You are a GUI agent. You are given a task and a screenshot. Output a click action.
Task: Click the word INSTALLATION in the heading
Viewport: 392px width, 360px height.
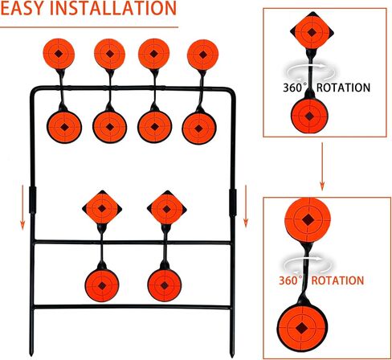click(x=113, y=8)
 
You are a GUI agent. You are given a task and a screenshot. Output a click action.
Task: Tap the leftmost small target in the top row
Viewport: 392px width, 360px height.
click(x=59, y=54)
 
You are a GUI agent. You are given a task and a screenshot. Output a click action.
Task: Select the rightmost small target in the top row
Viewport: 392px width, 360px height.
click(x=203, y=55)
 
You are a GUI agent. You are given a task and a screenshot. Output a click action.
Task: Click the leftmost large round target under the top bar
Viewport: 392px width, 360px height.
click(x=64, y=127)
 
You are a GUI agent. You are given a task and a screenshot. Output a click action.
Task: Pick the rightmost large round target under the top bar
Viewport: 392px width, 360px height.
click(x=199, y=129)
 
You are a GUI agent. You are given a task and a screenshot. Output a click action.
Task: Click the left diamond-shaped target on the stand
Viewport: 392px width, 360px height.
click(x=102, y=208)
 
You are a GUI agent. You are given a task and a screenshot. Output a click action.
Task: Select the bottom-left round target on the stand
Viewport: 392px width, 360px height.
click(x=102, y=285)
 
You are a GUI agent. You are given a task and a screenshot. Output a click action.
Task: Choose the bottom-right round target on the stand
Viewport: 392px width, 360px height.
click(x=165, y=285)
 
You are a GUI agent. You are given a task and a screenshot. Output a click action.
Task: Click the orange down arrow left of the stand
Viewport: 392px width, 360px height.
click(x=22, y=207)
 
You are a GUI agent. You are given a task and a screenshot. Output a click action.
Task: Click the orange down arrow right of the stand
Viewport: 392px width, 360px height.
click(x=246, y=207)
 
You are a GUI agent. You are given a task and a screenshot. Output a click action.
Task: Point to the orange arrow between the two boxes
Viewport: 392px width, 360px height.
click(x=322, y=166)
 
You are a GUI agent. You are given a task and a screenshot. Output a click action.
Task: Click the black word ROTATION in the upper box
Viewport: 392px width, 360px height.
click(x=343, y=88)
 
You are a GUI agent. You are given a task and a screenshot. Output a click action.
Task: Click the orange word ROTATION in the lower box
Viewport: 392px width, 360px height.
click(x=337, y=280)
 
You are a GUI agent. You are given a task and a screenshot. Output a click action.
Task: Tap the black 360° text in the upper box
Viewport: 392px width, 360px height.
click(x=295, y=88)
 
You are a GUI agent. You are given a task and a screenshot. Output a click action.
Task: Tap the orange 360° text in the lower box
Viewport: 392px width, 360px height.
click(x=291, y=280)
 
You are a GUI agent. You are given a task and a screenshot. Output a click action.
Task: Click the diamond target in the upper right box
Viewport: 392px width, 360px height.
click(x=312, y=32)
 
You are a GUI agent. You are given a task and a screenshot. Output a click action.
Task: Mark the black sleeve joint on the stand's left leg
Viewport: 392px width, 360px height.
click(x=32, y=200)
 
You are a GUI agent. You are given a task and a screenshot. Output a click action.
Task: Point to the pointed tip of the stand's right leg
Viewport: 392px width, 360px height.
click(x=232, y=356)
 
